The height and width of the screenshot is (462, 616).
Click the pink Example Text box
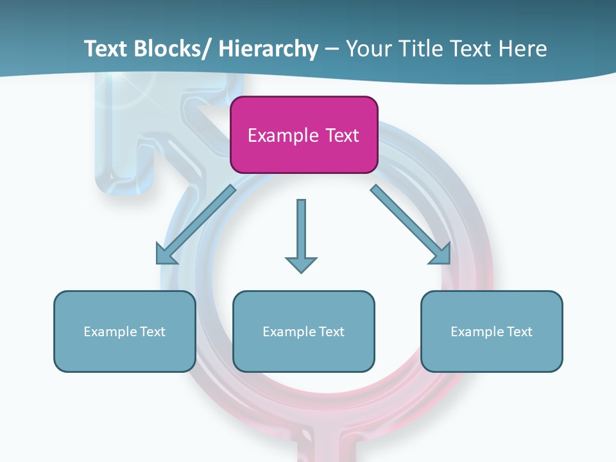[x=304, y=135]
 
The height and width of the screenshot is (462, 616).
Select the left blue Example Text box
[x=124, y=331]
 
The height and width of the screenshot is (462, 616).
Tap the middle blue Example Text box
[x=304, y=331]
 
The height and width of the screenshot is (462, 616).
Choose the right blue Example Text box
[x=492, y=331]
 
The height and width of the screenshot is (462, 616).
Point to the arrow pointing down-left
[x=196, y=225]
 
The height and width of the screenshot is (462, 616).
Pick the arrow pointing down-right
[x=411, y=225]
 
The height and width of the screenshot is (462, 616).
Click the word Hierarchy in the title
[x=268, y=49]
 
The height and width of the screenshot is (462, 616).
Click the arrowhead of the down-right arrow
[x=441, y=255]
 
